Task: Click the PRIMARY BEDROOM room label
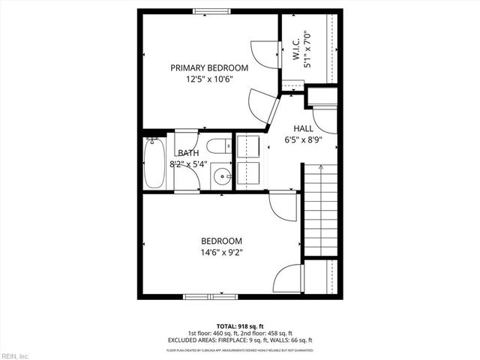[x=208, y=67]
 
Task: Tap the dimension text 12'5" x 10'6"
[x=208, y=78]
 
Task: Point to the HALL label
[x=303, y=128]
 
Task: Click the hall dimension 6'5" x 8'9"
[x=303, y=139]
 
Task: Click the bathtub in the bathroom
[x=154, y=162]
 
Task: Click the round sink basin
[x=222, y=177]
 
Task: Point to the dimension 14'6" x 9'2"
[x=221, y=252]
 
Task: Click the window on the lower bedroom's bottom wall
[x=205, y=296]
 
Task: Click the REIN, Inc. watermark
[x=15, y=355]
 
